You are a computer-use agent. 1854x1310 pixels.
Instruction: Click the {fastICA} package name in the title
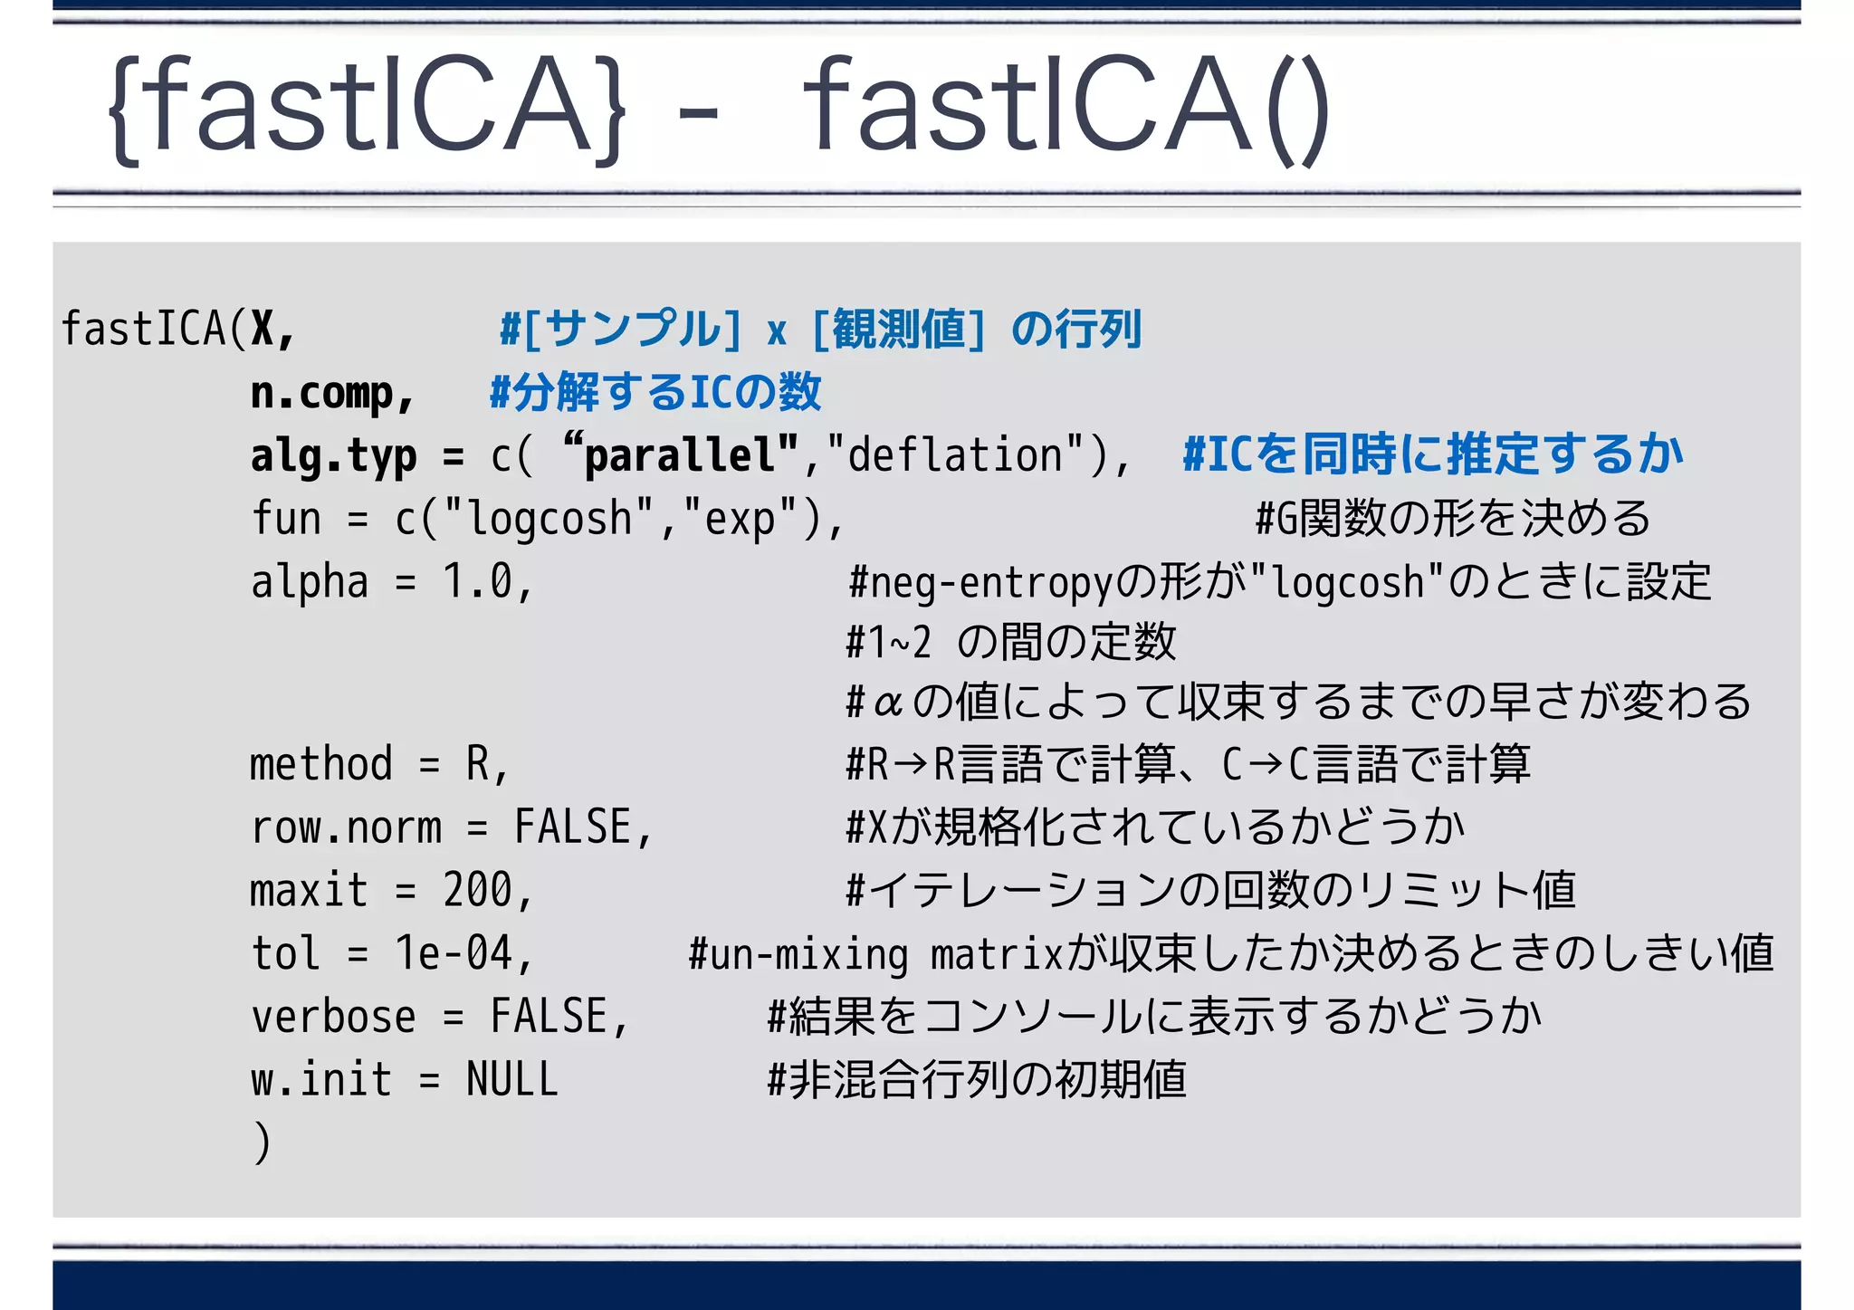click(367, 107)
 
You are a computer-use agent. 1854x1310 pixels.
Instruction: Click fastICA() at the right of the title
click(1066, 107)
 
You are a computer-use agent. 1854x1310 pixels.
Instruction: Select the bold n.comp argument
click(331, 393)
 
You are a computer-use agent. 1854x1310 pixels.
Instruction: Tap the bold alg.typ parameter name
click(333, 455)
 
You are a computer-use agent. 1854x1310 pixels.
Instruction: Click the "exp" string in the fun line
click(740, 519)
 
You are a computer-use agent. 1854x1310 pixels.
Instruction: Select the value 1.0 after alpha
click(477, 581)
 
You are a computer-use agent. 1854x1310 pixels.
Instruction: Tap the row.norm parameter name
click(346, 827)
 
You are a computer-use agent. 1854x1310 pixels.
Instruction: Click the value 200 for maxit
click(477, 891)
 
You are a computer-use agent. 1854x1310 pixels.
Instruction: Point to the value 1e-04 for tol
click(454, 953)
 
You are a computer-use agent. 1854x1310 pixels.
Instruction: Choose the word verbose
click(333, 1017)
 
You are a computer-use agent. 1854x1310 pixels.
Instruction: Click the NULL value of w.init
click(512, 1080)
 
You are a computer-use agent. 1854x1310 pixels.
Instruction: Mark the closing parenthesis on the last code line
click(262, 1143)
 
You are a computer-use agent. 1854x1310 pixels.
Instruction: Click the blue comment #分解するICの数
click(655, 393)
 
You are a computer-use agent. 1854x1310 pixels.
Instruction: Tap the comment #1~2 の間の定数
click(1010, 642)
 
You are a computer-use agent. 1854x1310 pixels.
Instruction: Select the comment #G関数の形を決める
click(1452, 519)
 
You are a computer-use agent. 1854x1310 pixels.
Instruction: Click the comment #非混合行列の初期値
click(976, 1080)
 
